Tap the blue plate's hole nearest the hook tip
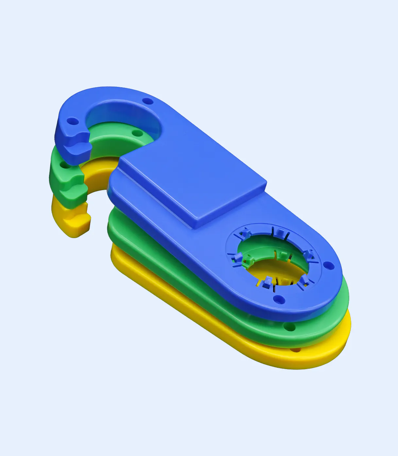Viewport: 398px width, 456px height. click(x=73, y=122)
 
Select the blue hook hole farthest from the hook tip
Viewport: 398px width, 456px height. click(x=148, y=101)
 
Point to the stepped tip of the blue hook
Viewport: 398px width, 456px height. click(x=77, y=144)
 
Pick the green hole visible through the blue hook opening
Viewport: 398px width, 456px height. click(x=136, y=133)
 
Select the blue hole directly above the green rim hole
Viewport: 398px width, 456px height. click(x=278, y=298)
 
